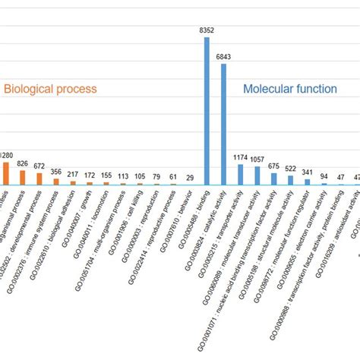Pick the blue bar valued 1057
[x=257, y=176]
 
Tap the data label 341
[x=308, y=172]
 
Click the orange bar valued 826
[x=23, y=177]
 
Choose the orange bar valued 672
[x=39, y=178]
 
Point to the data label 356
[x=56, y=171]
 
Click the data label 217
[x=73, y=174]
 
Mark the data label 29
[x=190, y=178]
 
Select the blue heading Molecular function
[x=290, y=89]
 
